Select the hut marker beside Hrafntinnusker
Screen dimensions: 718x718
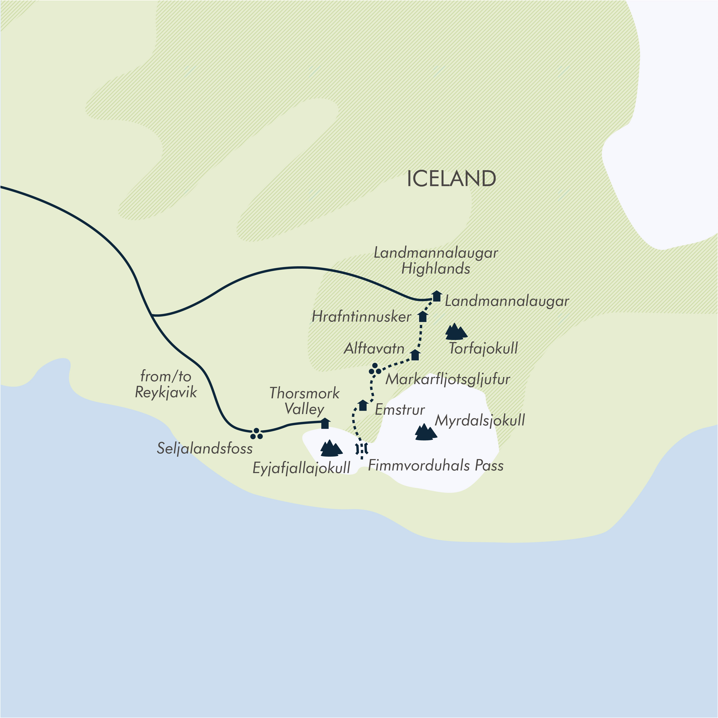tap(423, 317)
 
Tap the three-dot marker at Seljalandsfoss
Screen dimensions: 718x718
tap(256, 433)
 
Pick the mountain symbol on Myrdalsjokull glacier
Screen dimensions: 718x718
tap(425, 432)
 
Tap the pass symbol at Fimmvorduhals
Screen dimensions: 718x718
tap(362, 449)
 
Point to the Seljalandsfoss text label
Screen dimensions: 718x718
tap(205, 449)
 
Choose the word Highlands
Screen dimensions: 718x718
tap(436, 269)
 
